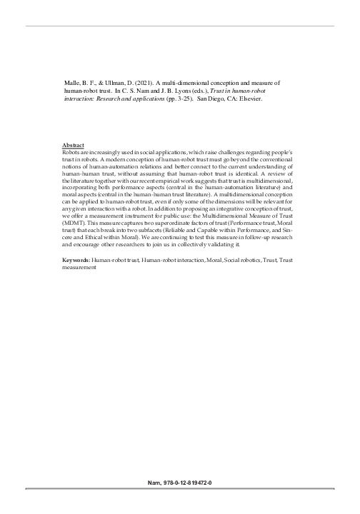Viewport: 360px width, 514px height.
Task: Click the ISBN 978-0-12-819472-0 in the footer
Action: tap(191, 483)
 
